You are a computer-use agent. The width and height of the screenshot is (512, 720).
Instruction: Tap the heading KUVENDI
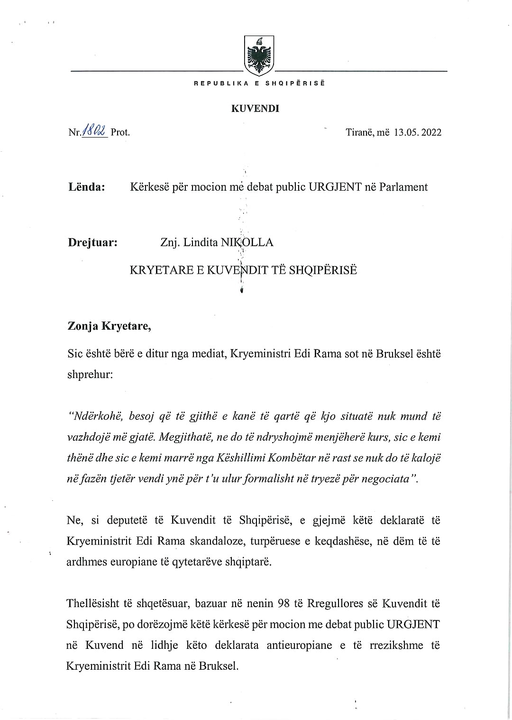[255, 109]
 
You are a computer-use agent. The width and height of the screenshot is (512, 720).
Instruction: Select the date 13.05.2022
[417, 132]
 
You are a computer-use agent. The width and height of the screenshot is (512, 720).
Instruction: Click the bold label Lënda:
[86, 187]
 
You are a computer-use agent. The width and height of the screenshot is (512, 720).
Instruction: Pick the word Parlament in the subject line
[403, 187]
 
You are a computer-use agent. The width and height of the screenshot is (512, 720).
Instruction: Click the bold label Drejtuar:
[92, 242]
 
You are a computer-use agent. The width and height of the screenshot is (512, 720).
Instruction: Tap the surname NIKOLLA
[247, 242]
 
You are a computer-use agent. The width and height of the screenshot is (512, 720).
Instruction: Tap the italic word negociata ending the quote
[387, 479]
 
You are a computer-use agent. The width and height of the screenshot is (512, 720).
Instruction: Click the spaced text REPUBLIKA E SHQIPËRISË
[259, 83]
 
